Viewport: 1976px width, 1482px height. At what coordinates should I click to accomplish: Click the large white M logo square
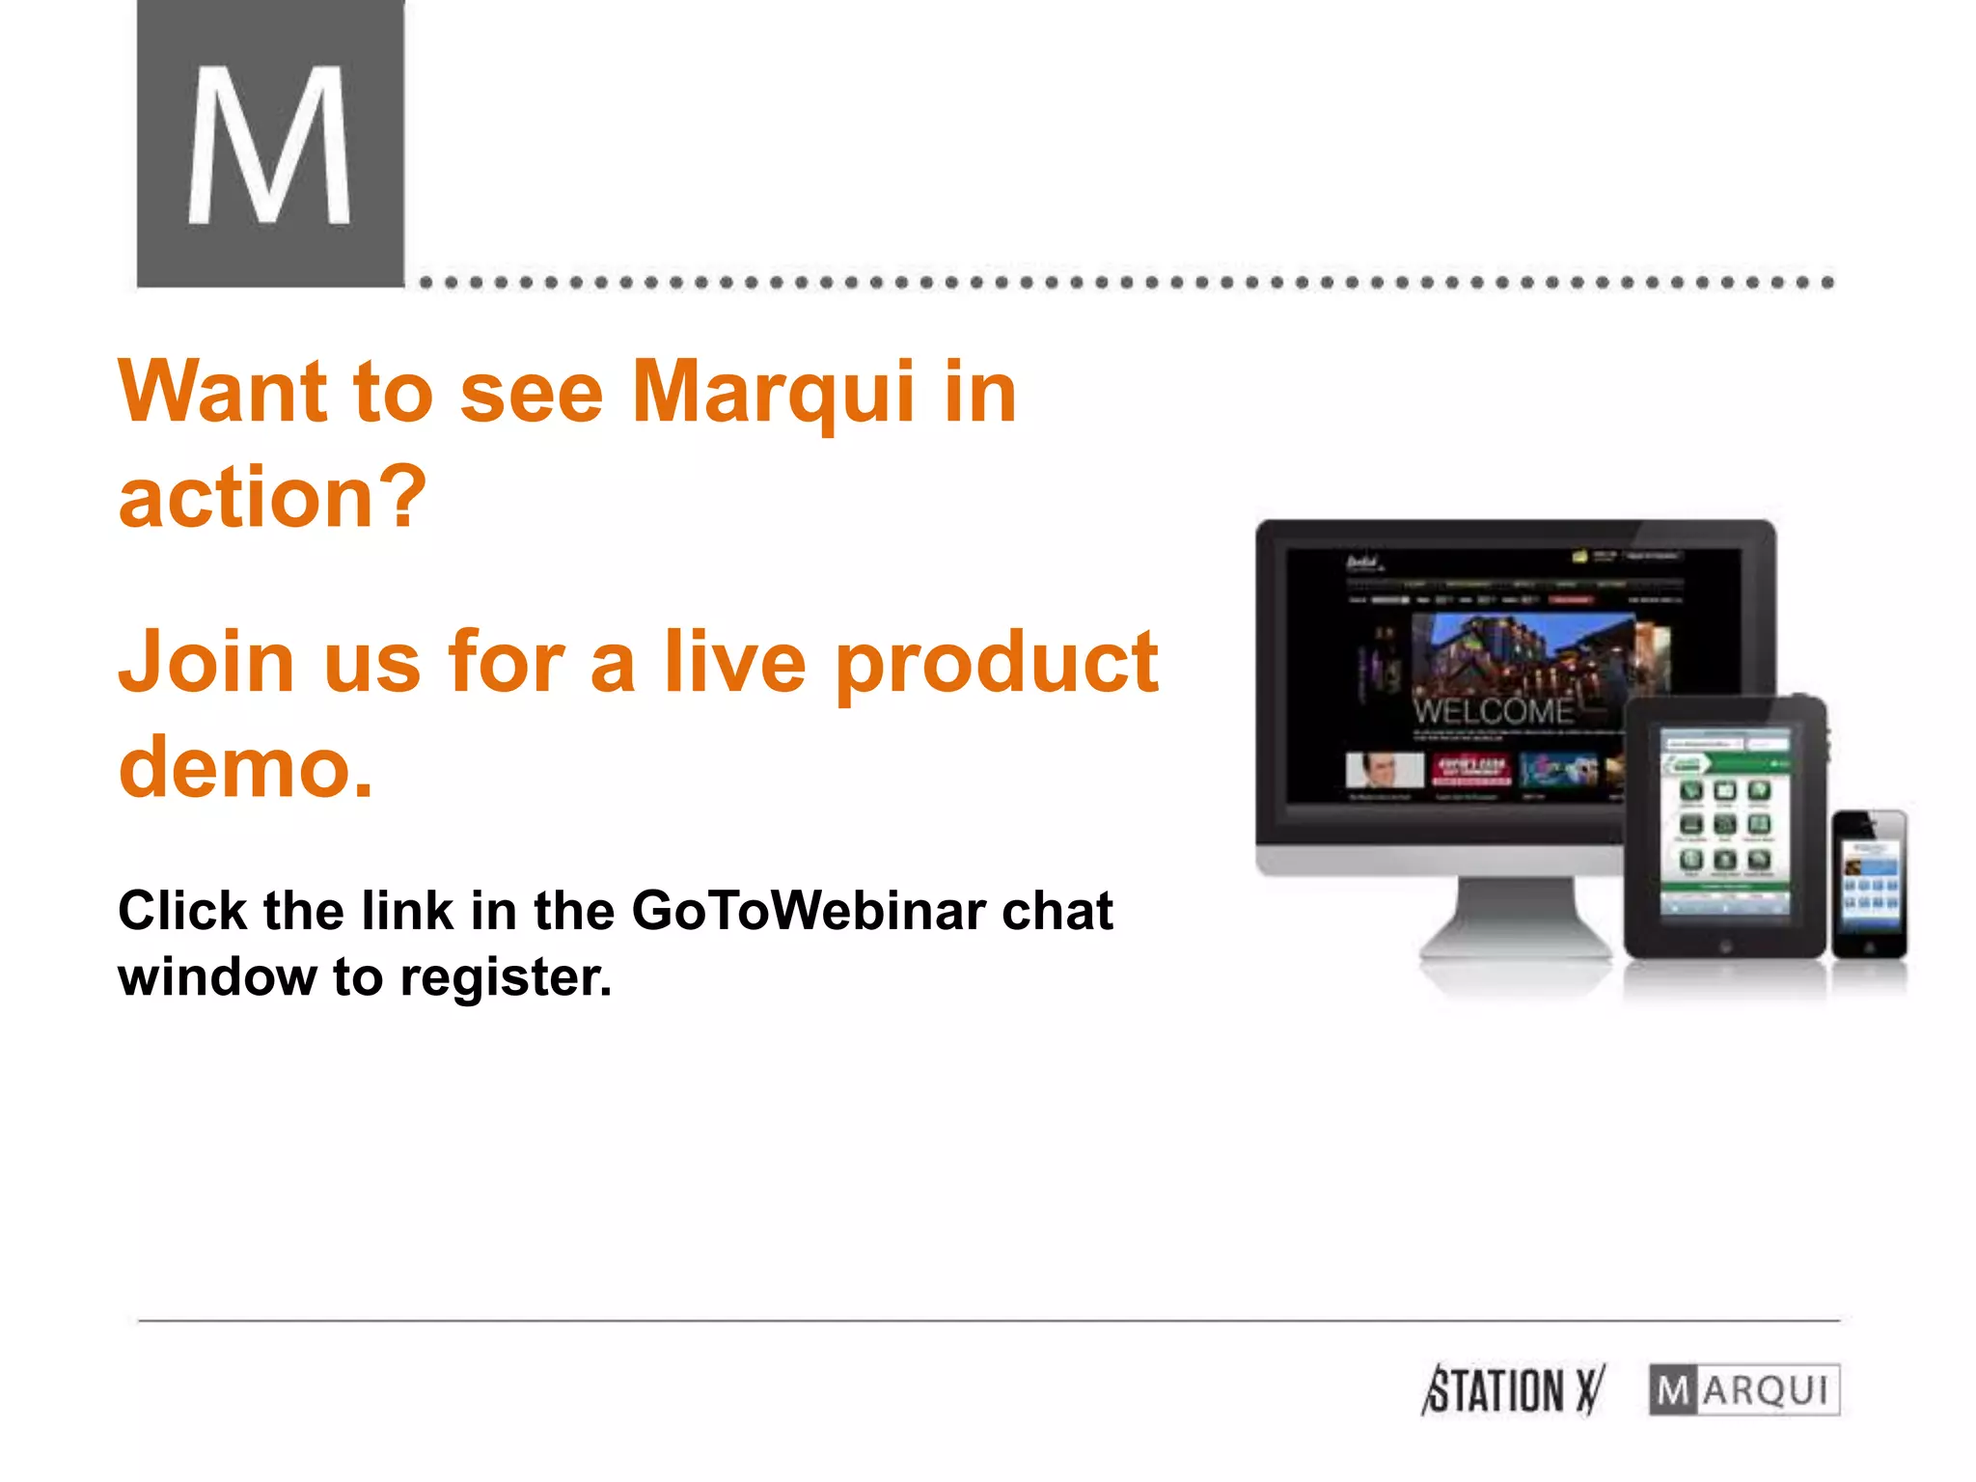pyautogui.click(x=270, y=143)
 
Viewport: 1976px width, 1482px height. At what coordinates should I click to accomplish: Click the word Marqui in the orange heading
pyautogui.click(x=773, y=393)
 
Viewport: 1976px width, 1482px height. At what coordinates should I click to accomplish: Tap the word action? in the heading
pyautogui.click(x=272, y=498)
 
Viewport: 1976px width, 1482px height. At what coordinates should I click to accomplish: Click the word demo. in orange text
pyautogui.click(x=245, y=767)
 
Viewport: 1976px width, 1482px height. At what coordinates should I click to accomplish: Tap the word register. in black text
pyautogui.click(x=506, y=978)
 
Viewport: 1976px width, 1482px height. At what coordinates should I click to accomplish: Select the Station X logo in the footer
pyautogui.click(x=1512, y=1390)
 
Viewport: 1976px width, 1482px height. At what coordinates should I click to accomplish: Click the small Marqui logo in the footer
pyautogui.click(x=1743, y=1390)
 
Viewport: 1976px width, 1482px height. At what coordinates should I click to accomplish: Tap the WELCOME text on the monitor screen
pyautogui.click(x=1493, y=712)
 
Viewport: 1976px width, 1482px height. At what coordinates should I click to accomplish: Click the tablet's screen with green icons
pyautogui.click(x=1724, y=822)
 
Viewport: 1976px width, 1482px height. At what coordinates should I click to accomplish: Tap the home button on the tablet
pyautogui.click(x=1725, y=947)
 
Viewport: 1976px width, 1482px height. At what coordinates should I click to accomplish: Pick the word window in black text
pyautogui.click(x=217, y=978)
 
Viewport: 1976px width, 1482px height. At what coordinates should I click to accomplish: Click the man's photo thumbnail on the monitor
pyautogui.click(x=1384, y=771)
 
